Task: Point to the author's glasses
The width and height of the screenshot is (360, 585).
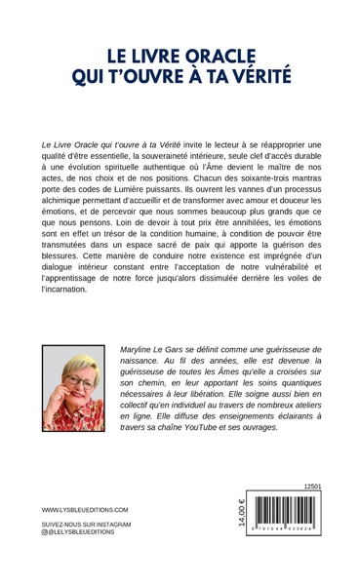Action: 76,381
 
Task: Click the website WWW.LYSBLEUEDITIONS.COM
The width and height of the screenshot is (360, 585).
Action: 81,509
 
